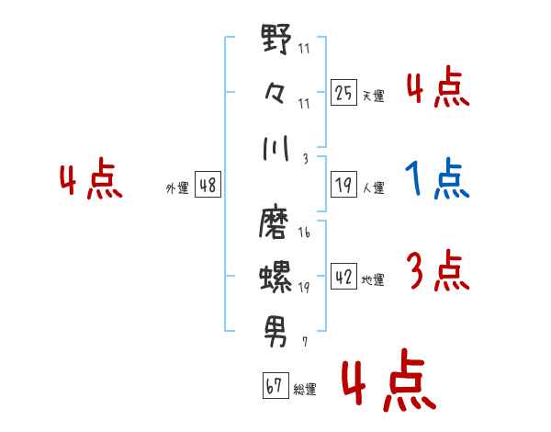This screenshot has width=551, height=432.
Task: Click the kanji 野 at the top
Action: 276,39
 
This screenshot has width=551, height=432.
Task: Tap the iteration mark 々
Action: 275,94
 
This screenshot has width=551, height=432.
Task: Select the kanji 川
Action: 275,148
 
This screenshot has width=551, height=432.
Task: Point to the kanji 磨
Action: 274,223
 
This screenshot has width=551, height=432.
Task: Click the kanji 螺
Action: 275,277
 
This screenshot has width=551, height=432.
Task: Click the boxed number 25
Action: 343,93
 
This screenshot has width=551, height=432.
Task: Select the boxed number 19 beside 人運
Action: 343,185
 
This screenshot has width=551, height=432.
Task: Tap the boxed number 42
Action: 343,276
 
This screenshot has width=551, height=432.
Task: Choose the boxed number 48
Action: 208,185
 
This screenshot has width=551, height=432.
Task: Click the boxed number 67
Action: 275,385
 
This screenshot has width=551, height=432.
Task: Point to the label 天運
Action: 374,96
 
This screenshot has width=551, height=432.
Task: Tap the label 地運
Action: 373,279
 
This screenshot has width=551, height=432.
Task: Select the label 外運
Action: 177,188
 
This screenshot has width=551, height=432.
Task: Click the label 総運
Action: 305,389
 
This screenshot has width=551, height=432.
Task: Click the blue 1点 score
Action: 437,178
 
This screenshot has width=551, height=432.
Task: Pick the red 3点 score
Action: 438,270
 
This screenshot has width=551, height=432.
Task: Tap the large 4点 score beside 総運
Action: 389,380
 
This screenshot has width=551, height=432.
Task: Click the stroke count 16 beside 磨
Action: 304,233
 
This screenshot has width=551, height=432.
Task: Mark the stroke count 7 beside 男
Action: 305,342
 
